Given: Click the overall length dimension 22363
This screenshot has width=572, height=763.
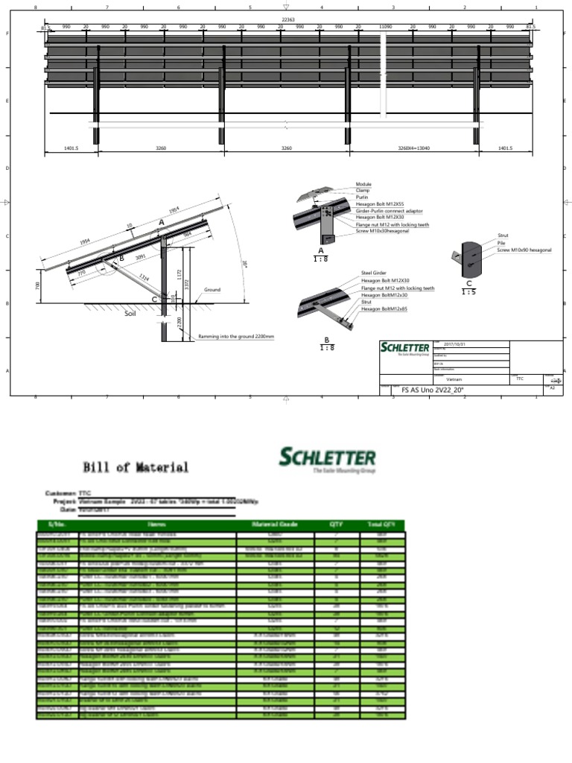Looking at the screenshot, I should (x=286, y=19).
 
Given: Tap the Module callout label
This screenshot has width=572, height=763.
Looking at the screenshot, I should (x=363, y=184).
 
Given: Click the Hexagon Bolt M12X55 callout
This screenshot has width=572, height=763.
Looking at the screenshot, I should (x=380, y=204).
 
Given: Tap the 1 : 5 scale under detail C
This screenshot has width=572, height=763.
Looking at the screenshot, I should (x=469, y=291).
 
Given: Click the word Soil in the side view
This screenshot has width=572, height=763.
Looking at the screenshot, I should (x=132, y=315).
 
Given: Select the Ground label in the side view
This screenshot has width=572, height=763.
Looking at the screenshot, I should (x=212, y=290).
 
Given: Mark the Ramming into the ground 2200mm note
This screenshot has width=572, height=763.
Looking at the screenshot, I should (x=236, y=337).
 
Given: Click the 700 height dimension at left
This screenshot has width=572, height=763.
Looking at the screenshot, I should (x=37, y=286).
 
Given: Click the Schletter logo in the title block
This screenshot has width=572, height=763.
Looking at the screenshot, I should (x=405, y=348).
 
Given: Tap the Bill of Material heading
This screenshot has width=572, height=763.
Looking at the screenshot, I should (x=136, y=468).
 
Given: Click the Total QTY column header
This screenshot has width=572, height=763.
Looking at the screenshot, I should (x=381, y=525).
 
